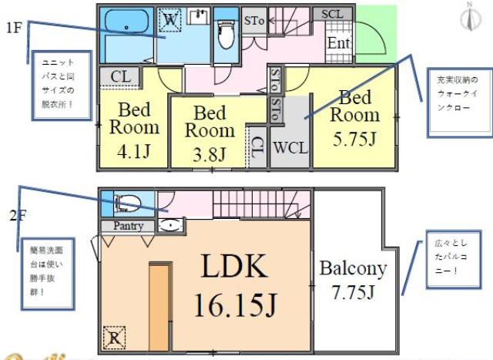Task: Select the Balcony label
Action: coord(353,269)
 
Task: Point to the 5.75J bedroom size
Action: coord(356,140)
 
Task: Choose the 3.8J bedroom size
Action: coord(210,153)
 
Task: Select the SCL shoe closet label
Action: coord(331,15)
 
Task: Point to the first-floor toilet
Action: coord(226,35)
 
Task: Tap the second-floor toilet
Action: coord(127,204)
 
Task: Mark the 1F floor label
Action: coord(14,29)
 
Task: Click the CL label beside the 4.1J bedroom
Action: coord(119,76)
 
